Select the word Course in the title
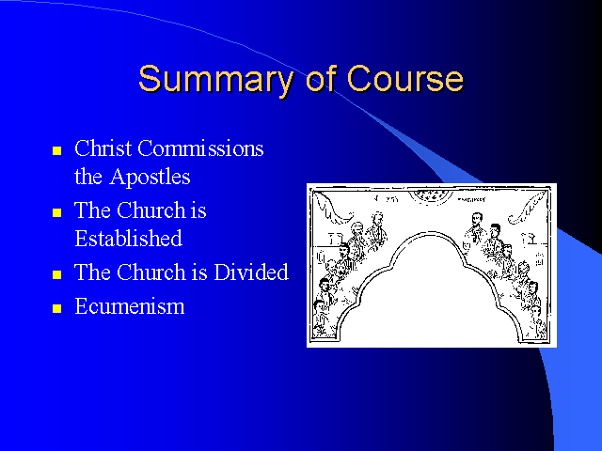tap(405, 79)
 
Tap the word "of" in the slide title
tap(322, 78)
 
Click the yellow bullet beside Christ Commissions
tap(56, 150)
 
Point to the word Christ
tap(103, 148)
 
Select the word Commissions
tap(200, 148)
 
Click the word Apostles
tap(150, 178)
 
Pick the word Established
tap(128, 239)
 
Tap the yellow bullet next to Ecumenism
tap(56, 309)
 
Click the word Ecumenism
tap(130, 306)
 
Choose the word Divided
tap(251, 272)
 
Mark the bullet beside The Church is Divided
tap(56, 274)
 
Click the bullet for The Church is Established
tap(56, 212)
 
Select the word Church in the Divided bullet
tap(151, 272)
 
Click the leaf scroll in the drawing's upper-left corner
tap(332, 208)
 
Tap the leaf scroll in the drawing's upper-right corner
tap(528, 208)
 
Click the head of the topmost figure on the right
tap(477, 219)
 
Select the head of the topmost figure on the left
tap(378, 219)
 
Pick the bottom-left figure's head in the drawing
tap(320, 307)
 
